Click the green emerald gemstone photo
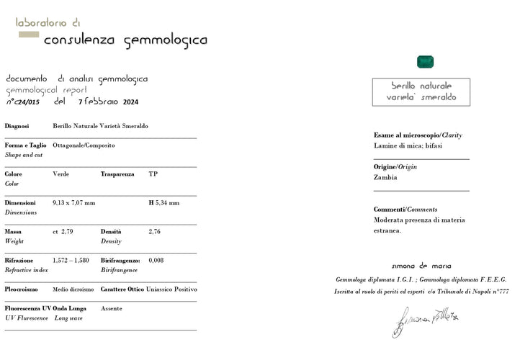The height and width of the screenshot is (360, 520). [425, 63]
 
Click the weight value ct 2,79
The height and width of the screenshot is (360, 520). [63, 231]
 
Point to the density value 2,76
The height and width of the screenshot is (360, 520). [155, 231]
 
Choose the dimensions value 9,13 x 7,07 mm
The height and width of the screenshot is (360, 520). [74, 202]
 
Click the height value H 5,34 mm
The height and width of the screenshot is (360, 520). [164, 202]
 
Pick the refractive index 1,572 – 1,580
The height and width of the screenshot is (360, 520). [71, 260]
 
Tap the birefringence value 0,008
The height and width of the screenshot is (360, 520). [156, 260]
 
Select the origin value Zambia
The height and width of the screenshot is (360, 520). [385, 177]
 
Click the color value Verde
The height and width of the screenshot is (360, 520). [61, 174]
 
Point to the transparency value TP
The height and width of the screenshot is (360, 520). [153, 174]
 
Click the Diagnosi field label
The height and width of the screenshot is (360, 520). [17, 125]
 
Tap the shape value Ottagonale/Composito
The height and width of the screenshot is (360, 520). [84, 145]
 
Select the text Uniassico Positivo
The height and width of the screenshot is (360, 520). [171, 289]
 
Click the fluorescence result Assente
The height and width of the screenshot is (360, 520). [112, 308]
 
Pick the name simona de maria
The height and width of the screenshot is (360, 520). [421, 266]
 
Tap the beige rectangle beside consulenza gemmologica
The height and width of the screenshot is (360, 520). [28, 35]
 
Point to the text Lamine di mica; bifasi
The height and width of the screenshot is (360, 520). [408, 145]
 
